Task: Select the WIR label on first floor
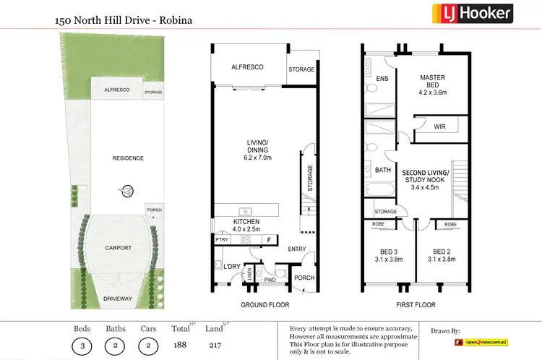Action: point(439,127)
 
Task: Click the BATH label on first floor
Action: point(383,171)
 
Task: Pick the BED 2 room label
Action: point(442,252)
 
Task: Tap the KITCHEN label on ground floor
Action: point(246,221)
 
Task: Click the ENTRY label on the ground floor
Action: point(296,250)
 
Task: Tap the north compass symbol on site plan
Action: point(127,192)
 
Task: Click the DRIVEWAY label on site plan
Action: point(117,297)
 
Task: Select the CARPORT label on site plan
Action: point(117,247)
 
